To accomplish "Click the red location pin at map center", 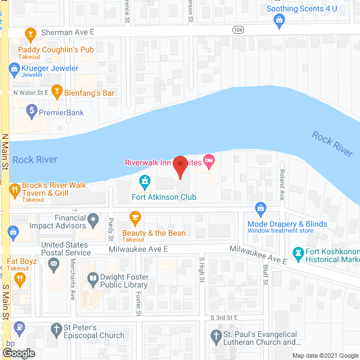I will tap(179, 166).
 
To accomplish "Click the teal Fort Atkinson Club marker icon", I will tap(145, 182).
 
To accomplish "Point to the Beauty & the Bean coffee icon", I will tap(135, 217).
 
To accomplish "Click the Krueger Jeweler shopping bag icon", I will tap(14, 69).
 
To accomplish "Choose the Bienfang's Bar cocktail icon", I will tap(56, 91).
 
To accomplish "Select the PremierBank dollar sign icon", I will tap(31, 110).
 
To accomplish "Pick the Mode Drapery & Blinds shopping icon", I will tap(260, 209).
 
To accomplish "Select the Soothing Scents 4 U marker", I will tap(278, 20).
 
